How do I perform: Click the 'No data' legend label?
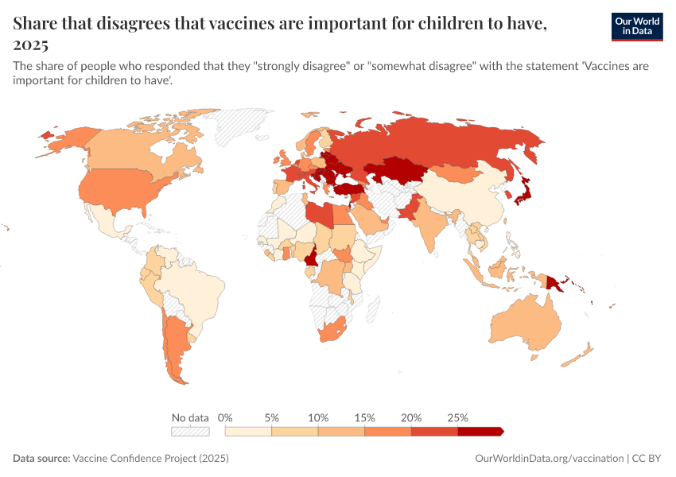click(190, 417)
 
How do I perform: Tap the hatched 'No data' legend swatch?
click(190, 431)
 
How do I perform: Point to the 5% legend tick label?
click(272, 417)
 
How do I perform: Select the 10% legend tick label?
click(318, 417)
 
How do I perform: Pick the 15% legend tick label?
click(364, 417)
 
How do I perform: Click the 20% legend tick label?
click(411, 417)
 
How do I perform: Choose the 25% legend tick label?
click(457, 417)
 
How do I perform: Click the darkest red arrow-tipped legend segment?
click(480, 431)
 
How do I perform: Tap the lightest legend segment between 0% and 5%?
click(249, 431)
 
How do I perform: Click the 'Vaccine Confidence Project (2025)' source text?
click(150, 459)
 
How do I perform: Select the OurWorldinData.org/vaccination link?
click(549, 459)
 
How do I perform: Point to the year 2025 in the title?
click(31, 45)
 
